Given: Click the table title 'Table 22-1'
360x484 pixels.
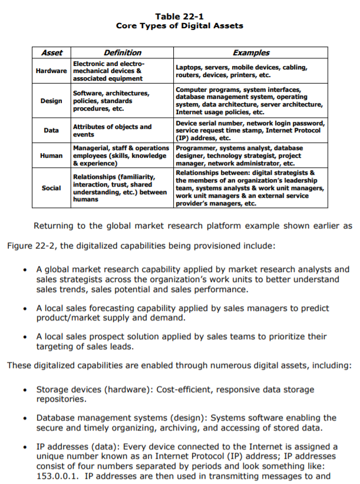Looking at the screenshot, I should coord(179,16).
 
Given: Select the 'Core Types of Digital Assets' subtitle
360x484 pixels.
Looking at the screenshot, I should coord(179,26).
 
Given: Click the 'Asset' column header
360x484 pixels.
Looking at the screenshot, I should coord(51,53).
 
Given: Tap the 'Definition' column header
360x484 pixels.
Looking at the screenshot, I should coord(122,53).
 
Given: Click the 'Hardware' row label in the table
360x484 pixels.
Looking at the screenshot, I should coord(51,71).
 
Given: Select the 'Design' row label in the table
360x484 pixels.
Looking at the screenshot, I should coord(51,101).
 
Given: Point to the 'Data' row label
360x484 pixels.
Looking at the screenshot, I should coord(51,130).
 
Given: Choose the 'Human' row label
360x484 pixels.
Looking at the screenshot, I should coord(51,155).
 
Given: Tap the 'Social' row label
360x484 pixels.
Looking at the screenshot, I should coord(51,188).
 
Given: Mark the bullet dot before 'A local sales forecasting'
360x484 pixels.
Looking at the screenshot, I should coord(25,309).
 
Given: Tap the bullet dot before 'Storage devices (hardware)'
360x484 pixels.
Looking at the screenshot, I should coord(25,390).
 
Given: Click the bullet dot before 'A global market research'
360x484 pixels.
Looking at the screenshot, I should coord(25,269).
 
